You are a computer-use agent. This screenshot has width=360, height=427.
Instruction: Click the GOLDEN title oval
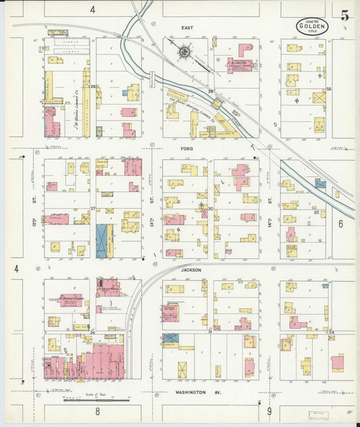pyautogui.click(x=312, y=27)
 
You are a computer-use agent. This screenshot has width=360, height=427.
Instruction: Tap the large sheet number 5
pyautogui.click(x=344, y=16)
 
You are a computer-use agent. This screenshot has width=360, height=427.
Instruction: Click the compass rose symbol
pyautogui.click(x=183, y=51)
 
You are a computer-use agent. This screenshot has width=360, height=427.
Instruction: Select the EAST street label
pyautogui.click(x=187, y=28)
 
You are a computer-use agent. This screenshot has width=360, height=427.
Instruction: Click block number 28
pyautogui.click(x=95, y=86)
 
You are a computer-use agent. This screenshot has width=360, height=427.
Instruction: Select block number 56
pyautogui.click(x=329, y=89)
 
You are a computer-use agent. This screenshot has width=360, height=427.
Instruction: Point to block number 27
pyautogui.click(x=94, y=209)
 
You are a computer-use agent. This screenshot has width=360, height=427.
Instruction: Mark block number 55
pyautogui.click(x=316, y=212)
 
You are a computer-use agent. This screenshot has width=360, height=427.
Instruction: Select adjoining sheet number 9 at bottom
pyautogui.click(x=268, y=410)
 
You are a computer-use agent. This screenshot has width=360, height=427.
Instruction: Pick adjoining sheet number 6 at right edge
pyautogui.click(x=341, y=223)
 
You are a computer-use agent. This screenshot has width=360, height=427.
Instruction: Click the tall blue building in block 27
pyautogui.click(x=102, y=241)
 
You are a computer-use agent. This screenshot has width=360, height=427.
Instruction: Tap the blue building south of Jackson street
pyautogui.click(x=170, y=337)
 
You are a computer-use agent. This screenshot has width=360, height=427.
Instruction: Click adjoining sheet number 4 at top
pyautogui.click(x=92, y=9)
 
